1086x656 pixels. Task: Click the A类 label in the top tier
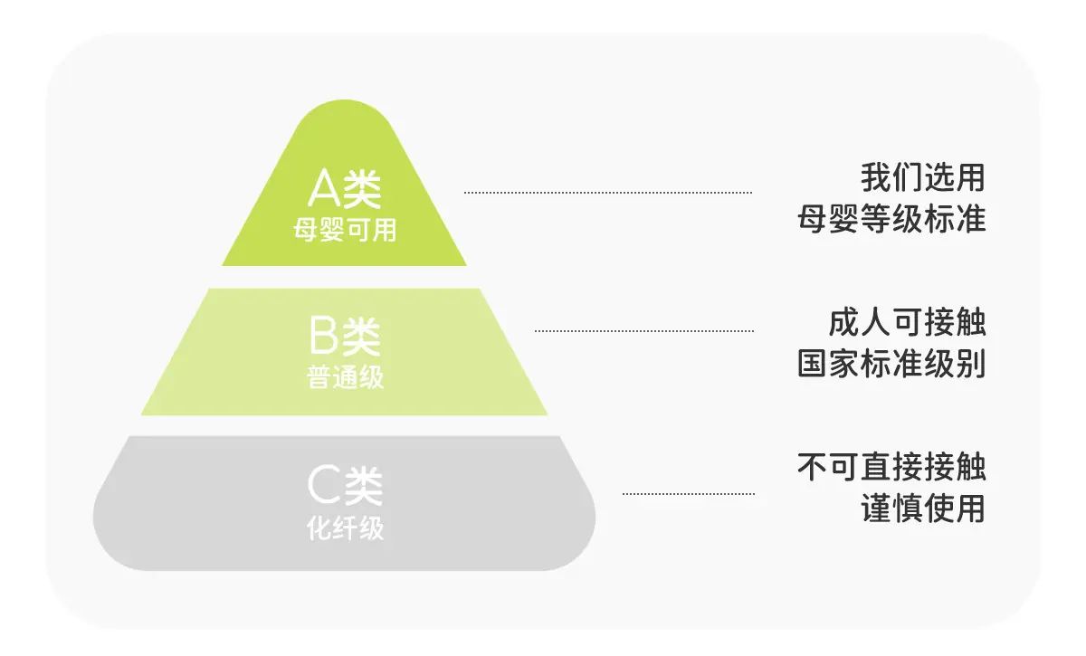tap(345, 188)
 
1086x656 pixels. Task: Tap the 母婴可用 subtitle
tap(345, 230)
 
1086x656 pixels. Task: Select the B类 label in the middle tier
tap(345, 337)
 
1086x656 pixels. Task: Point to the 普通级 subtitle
tap(345, 377)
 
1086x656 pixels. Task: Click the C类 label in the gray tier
tap(345, 485)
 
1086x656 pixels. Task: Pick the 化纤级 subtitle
tap(345, 528)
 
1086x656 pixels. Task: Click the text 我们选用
tap(923, 177)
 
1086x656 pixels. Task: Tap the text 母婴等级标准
tap(891, 219)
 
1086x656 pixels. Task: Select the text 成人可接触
tap(907, 322)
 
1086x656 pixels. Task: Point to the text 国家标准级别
tap(891, 363)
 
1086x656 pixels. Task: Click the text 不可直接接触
tap(891, 466)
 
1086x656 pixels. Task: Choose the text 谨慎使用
tap(923, 509)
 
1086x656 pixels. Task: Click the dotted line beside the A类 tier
tap(608, 193)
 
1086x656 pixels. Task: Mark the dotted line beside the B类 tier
tap(643, 331)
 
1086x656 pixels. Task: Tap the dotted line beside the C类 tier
tap(689, 494)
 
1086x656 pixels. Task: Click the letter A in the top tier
tap(325, 188)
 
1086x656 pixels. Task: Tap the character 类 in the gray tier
tap(364, 485)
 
